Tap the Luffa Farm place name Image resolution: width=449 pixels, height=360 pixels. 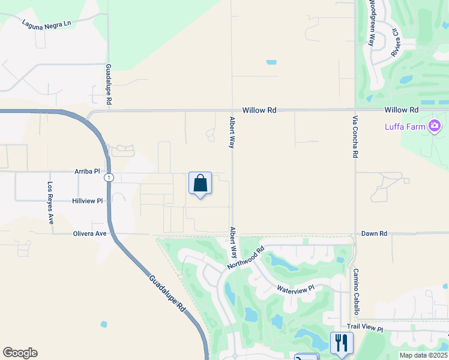coord(405,126)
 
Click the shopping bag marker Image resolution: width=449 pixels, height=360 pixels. coord(200,184)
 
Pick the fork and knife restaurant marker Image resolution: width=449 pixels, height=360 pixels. coord(342,343)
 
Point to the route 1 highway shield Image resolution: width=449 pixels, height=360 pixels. coord(108,178)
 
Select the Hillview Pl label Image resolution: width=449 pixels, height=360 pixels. coord(88,201)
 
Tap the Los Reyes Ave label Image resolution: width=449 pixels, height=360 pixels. coord(51,202)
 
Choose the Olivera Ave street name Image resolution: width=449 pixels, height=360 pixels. coord(89,233)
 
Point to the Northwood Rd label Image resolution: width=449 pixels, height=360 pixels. coord(246,258)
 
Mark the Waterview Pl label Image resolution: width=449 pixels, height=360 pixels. coord(295,289)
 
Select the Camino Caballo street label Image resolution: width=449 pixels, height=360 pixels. coord(355,292)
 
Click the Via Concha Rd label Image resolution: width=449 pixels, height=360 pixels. coord(355,137)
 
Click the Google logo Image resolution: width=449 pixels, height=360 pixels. coord(20,353)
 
